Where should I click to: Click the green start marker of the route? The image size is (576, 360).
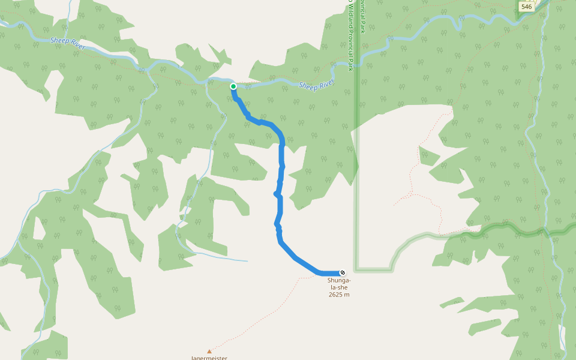click(x=233, y=86)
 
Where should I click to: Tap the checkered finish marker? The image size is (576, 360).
click(x=343, y=273)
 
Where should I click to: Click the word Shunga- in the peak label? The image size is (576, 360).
click(x=339, y=280)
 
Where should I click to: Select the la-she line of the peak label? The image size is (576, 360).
click(x=339, y=287)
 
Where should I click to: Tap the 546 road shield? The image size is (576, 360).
click(x=526, y=7)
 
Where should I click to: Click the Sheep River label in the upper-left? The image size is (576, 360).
click(x=68, y=44)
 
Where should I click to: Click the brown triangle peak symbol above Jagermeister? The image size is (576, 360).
click(x=209, y=351)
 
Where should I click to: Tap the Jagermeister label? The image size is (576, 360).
click(x=209, y=358)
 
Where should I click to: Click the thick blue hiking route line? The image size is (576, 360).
click(x=281, y=180)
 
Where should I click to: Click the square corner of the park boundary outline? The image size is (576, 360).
click(x=356, y=271)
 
